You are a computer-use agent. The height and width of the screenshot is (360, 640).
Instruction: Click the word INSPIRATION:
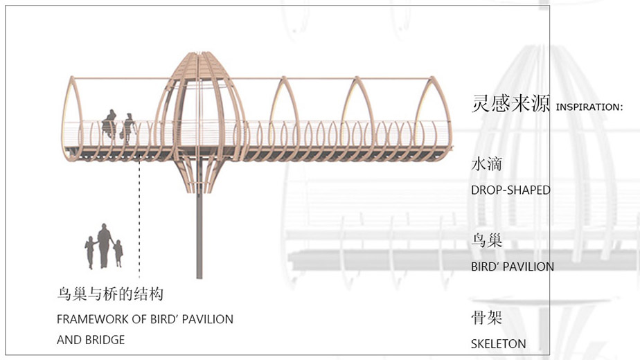[x=589, y=107]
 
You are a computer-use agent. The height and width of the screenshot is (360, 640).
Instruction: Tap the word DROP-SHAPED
[x=510, y=190]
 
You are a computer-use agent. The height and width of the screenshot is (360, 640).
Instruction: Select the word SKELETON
[x=499, y=344]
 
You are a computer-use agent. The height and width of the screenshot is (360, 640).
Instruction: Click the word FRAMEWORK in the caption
[x=93, y=319]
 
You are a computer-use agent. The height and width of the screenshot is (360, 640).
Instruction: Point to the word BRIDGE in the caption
[x=105, y=340]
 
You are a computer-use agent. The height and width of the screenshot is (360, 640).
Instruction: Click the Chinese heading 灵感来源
[x=510, y=103]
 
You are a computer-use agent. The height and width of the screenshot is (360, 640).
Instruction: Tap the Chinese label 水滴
[x=486, y=164]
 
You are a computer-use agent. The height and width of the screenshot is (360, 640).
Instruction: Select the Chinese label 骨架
[x=486, y=317]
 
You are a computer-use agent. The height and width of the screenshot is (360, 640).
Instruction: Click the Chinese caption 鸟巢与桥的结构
[x=110, y=294]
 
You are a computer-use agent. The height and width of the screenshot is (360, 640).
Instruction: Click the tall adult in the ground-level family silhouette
[x=104, y=246]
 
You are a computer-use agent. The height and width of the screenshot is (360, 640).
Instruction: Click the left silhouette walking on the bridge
[x=109, y=124]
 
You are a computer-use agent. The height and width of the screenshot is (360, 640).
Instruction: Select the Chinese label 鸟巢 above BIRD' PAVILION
[x=486, y=240]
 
